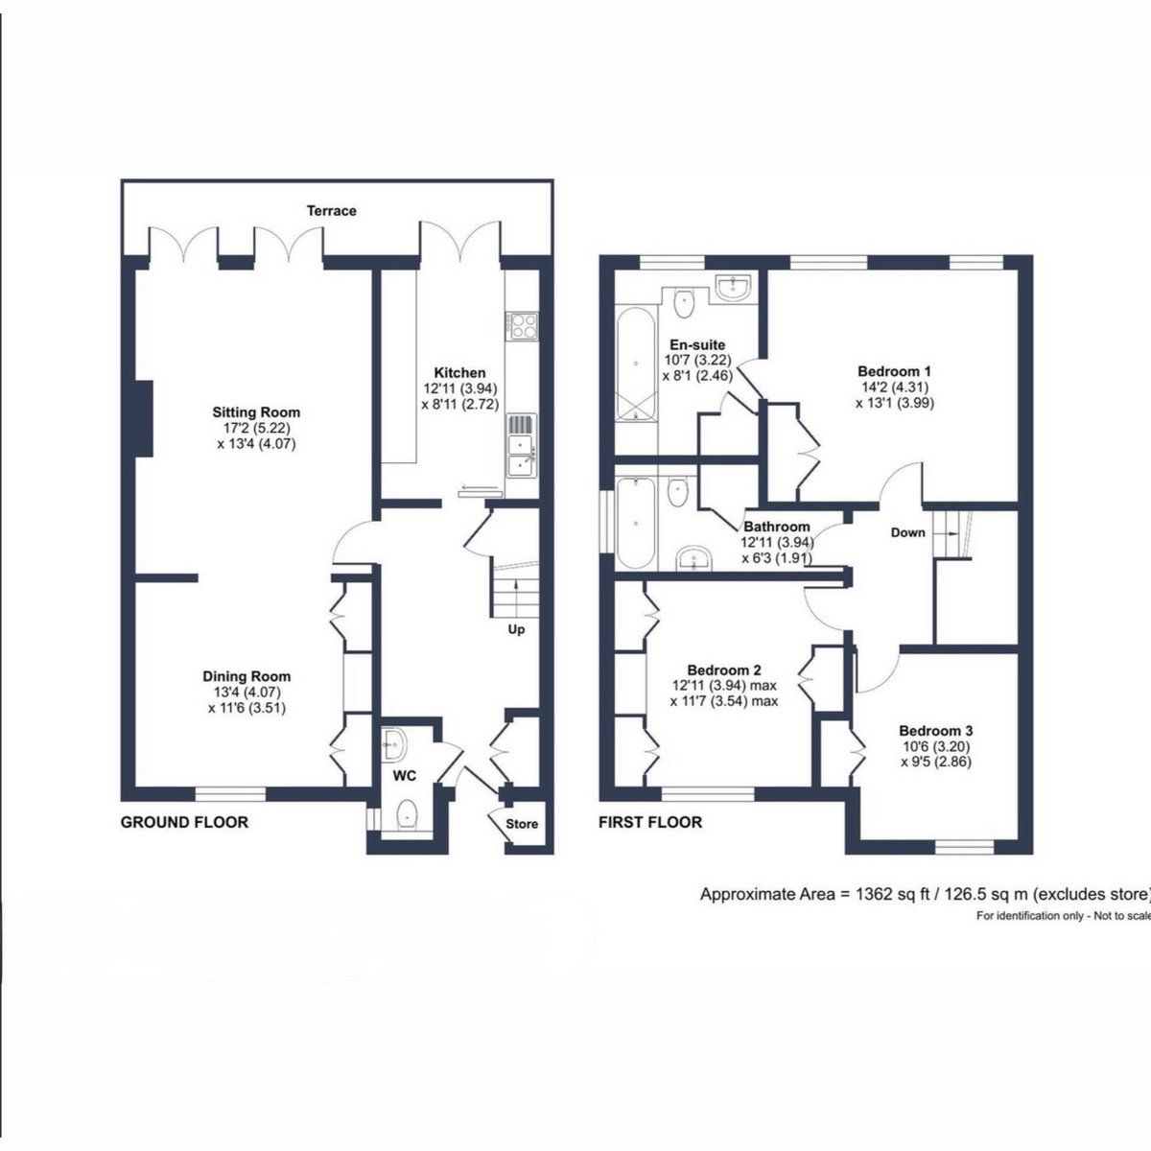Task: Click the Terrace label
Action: [332, 211]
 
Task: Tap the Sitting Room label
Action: [256, 412]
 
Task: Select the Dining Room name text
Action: [247, 676]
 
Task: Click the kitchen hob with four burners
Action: [522, 326]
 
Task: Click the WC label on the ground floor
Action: [405, 776]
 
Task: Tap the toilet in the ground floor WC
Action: [408, 813]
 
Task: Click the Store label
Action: [522, 824]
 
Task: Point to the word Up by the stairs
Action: [517, 629]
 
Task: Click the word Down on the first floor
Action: [908, 532]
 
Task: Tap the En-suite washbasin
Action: [734, 288]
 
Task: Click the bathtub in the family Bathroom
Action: [636, 523]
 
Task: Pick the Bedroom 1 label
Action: [894, 371]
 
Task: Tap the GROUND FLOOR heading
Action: [184, 822]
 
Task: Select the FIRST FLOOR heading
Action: [650, 822]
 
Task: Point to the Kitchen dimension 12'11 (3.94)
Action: [460, 388]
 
